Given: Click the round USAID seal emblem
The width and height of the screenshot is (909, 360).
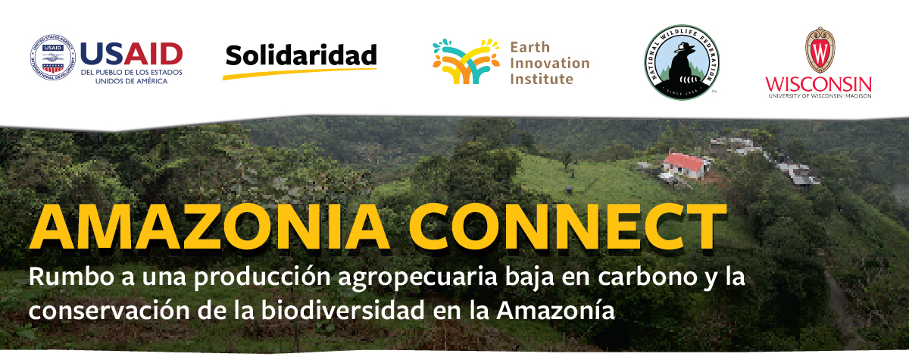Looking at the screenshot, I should pyautogui.click(x=53, y=58).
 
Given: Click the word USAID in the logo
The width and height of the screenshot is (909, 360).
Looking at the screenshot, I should pyautogui.click(x=130, y=53).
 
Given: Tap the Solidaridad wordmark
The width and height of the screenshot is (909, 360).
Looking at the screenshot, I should pyautogui.click(x=301, y=55).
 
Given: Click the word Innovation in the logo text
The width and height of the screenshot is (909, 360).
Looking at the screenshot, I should pyautogui.click(x=549, y=62).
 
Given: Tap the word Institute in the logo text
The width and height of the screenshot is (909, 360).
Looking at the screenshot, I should pyautogui.click(x=541, y=78).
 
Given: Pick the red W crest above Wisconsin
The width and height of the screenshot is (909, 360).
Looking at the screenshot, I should pyautogui.click(x=819, y=49).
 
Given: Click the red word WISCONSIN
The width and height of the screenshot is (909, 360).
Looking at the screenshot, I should pyautogui.click(x=818, y=83).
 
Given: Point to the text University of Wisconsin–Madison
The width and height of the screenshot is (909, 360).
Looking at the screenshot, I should pyautogui.click(x=818, y=96).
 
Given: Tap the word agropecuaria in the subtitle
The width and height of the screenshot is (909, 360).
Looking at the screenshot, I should pyautogui.click(x=401, y=278).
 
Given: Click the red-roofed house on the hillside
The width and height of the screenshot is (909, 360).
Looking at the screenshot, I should pyautogui.click(x=685, y=162).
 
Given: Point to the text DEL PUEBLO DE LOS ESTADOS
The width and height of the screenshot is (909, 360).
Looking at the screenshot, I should pyautogui.click(x=130, y=72).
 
